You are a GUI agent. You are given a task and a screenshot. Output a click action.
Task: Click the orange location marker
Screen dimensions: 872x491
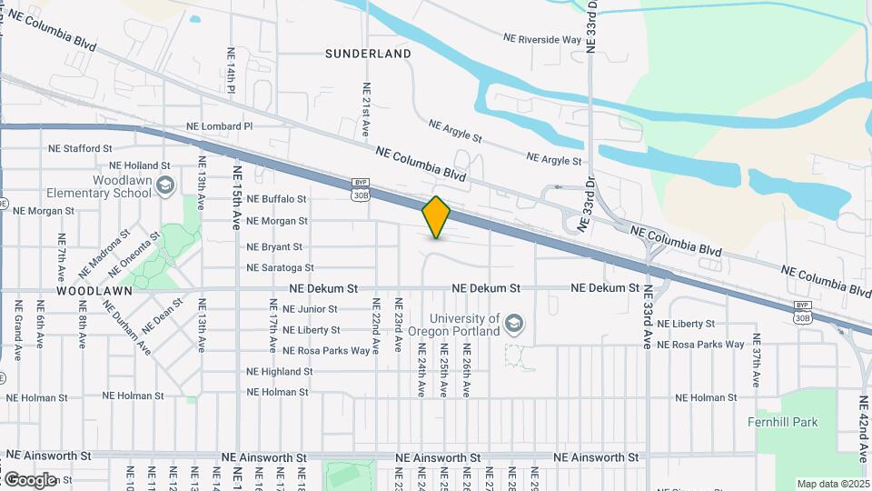pos(437,216)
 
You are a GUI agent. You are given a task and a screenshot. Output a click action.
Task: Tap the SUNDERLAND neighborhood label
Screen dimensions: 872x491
pos(368,54)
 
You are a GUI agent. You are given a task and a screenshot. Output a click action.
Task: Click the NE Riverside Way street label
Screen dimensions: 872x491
pos(542,39)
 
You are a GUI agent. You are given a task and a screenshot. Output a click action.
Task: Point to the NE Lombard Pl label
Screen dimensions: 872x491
pos(219,126)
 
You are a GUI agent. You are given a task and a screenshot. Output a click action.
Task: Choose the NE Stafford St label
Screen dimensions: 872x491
pos(79,148)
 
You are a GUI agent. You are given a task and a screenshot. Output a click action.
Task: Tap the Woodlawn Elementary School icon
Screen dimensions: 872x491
pos(164,186)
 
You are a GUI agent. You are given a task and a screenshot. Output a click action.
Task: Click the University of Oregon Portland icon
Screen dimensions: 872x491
pos(514,325)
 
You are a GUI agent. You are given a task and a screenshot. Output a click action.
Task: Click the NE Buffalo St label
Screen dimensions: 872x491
pos(276,199)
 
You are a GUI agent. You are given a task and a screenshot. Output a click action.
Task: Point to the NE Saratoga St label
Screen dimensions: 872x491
pos(280,268)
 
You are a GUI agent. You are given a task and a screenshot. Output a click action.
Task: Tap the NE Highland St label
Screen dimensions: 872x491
pos(279,372)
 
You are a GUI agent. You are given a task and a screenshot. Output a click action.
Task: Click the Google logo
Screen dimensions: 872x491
pos(30,479)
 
